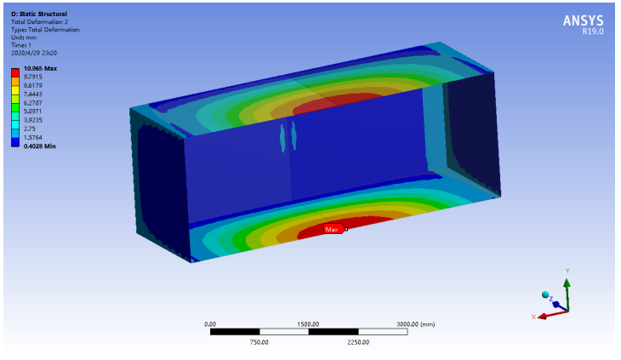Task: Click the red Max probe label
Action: coord(334,229)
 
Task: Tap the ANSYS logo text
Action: coord(583,20)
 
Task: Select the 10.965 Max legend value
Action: coord(40,69)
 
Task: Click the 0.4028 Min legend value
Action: coord(40,146)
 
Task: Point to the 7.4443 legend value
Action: coord(33,94)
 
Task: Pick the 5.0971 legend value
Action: coord(33,111)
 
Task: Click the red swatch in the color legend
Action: coord(15,72)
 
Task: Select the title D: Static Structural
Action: coord(39,14)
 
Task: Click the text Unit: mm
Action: coord(24,37)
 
